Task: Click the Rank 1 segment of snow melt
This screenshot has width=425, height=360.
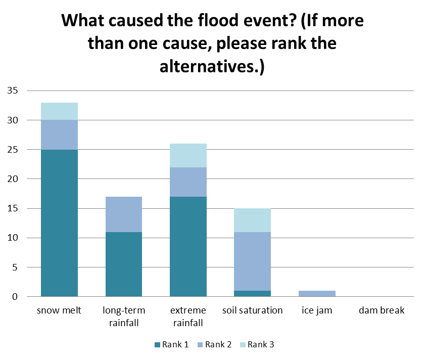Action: point(59,222)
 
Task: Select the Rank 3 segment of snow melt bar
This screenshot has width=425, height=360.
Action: point(59,111)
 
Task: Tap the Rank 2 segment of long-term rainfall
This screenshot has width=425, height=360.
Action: point(124,214)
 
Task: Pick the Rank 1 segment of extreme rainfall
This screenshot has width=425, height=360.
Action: point(188,246)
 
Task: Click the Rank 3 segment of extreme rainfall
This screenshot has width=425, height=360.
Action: point(188,155)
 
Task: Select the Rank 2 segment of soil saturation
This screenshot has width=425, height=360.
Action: point(253,261)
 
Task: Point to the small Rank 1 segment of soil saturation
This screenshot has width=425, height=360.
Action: point(253,293)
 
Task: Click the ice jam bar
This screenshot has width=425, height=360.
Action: point(317,293)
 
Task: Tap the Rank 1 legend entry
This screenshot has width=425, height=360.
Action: point(172,344)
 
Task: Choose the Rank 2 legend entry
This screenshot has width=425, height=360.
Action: point(215,344)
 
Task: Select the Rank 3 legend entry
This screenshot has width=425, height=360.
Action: point(257,344)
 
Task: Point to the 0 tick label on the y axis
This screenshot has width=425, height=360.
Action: point(15,297)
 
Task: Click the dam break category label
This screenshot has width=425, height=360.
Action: point(382,310)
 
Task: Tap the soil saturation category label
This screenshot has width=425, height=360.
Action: point(253,310)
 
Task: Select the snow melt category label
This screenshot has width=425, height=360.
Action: point(59,310)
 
